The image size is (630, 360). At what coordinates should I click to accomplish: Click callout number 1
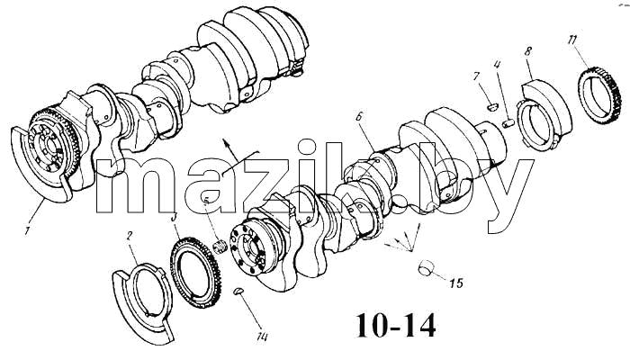[x=27, y=231]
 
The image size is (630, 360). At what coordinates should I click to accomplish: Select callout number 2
[x=130, y=236]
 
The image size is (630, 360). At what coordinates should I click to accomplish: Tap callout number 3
[x=175, y=218]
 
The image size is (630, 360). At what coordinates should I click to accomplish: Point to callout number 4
[x=498, y=64]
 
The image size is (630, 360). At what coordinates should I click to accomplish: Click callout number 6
[x=360, y=117]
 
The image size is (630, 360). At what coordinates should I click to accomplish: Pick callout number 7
[x=477, y=76]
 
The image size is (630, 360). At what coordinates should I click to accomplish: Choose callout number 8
[x=528, y=51]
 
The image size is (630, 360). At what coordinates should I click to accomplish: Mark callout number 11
[x=572, y=40]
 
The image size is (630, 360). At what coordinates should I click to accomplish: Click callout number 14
[x=262, y=337]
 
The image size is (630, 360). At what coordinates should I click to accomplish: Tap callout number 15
[x=456, y=283]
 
